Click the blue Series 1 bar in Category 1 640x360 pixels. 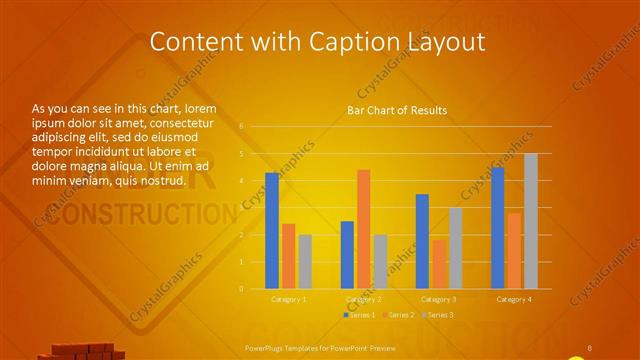[272, 231]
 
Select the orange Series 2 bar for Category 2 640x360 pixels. [363, 229]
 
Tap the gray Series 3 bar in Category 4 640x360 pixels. [531, 221]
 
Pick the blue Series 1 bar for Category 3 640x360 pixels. [422, 241]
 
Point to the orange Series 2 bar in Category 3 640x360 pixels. [439, 264]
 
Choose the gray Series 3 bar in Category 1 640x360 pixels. [305, 262]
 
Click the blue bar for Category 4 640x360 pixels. [498, 228]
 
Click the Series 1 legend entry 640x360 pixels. [360, 315]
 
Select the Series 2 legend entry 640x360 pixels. [398, 315]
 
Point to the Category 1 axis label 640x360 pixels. [288, 299]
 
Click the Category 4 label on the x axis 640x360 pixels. [514, 299]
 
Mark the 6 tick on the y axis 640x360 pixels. [241, 126]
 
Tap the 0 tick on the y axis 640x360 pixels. [241, 289]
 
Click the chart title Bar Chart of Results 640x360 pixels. [397, 110]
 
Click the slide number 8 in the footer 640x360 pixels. [589, 348]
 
